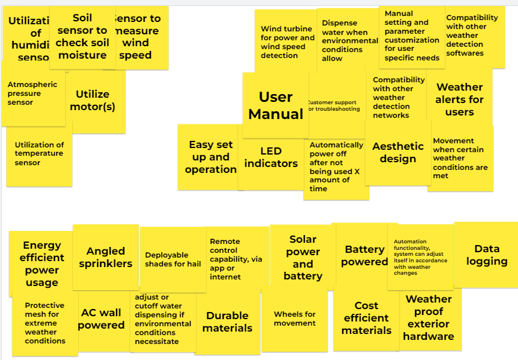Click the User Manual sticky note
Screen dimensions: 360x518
click(x=275, y=105)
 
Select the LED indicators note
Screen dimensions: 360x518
click(x=271, y=157)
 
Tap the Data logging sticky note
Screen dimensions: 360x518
click(x=487, y=255)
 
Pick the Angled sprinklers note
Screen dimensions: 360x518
click(x=105, y=258)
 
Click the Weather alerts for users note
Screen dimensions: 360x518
click(x=459, y=99)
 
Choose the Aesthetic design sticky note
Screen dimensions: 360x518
click(x=398, y=152)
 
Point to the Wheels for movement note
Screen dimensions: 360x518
click(x=294, y=319)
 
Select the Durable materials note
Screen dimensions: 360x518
click(x=227, y=322)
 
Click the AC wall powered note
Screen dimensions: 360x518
click(x=101, y=319)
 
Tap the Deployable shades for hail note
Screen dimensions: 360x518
click(x=173, y=260)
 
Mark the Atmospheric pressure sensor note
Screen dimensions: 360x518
click(x=33, y=94)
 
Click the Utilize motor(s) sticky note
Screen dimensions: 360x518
click(x=92, y=101)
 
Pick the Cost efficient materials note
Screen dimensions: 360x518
click(x=366, y=318)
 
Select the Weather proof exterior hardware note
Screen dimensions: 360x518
click(x=429, y=318)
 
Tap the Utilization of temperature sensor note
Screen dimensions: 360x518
click(x=39, y=154)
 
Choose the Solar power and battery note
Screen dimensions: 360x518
click(x=303, y=258)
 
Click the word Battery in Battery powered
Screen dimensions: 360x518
click(x=365, y=249)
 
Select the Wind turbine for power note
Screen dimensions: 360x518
click(x=287, y=42)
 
